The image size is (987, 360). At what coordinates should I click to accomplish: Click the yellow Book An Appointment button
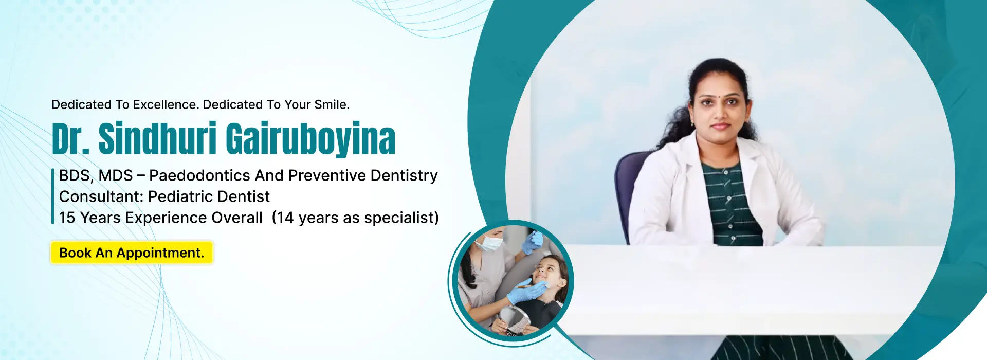(132, 253)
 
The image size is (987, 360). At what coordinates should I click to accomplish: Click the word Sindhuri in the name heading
(157, 138)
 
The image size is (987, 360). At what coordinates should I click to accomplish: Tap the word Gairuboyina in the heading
(310, 139)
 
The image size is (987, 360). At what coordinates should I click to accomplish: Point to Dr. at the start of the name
(70, 138)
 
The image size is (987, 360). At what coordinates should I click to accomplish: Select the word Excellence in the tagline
(166, 104)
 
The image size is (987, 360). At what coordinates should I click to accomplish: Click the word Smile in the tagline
(332, 104)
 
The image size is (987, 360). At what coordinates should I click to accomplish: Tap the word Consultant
(101, 196)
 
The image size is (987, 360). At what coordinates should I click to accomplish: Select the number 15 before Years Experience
(67, 218)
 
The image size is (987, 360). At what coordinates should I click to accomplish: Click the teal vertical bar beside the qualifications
(53, 196)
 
